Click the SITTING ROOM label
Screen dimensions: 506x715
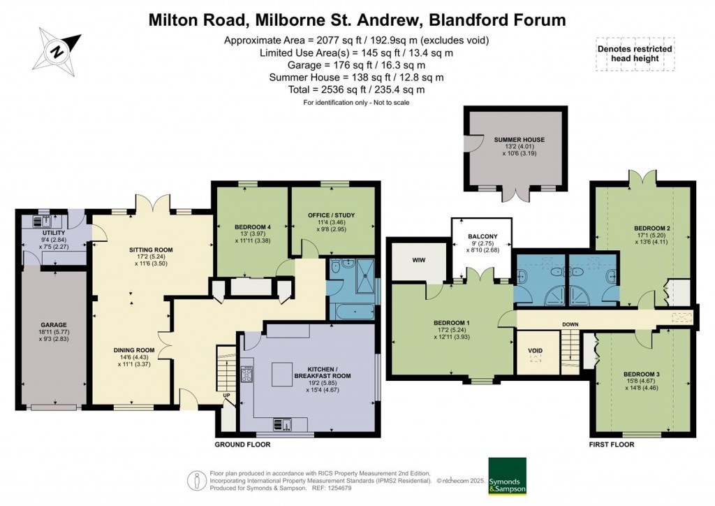(150, 250)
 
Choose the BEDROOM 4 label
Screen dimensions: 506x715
(251, 226)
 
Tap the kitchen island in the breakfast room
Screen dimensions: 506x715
(283, 374)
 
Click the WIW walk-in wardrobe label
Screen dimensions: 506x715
(418, 261)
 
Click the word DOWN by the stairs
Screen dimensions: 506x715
(570, 324)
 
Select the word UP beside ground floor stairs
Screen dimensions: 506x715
(227, 395)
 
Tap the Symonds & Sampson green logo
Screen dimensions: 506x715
(508, 476)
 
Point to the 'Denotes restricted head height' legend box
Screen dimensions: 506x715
(635, 54)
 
